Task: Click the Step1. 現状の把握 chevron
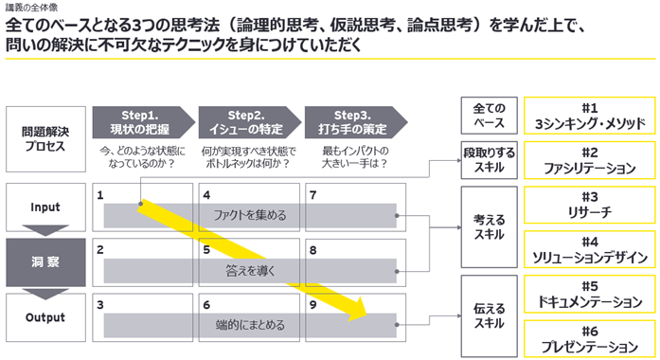coord(144,122)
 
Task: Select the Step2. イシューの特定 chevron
coord(250,122)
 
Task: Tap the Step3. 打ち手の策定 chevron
coord(356,122)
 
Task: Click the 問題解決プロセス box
coord(45,139)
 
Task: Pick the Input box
coord(45,207)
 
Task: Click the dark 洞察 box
coord(45,262)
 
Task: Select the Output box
coord(45,317)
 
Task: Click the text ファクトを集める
coord(250,216)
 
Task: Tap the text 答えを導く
coord(250,271)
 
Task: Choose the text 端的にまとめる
coord(250,325)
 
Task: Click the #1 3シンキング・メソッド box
coord(590,116)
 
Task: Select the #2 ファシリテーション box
coord(590,160)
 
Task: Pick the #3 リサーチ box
coord(590,205)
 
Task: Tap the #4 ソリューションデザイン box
coord(590,249)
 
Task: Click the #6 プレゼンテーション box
coord(590,339)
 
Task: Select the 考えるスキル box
coord(490,227)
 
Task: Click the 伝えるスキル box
coord(490,316)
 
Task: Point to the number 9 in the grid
coord(312,305)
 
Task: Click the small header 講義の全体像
coord(31,8)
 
